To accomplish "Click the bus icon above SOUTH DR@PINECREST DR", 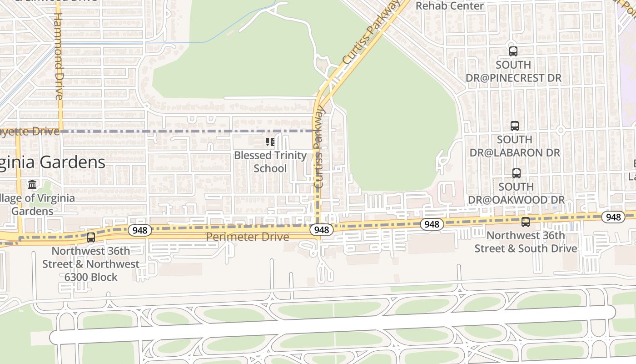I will [x=513, y=51].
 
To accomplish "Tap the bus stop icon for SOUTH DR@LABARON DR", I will [x=514, y=126].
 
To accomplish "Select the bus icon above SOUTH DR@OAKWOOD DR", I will [x=516, y=173].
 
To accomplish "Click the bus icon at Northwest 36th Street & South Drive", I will [x=526, y=222].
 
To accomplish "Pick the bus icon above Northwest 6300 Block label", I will [x=91, y=238].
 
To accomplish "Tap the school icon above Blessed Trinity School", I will [x=270, y=142].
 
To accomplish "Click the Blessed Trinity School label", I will [x=270, y=162].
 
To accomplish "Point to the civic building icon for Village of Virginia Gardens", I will [x=32, y=185].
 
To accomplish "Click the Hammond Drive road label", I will [x=58, y=56].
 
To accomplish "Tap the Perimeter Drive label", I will [x=248, y=237].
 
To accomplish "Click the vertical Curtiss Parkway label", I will [x=319, y=147].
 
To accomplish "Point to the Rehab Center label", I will [x=450, y=6].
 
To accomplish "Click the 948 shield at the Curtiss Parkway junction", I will [x=321, y=230].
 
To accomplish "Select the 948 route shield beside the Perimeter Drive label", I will [x=139, y=230].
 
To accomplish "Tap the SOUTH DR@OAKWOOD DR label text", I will [x=516, y=193].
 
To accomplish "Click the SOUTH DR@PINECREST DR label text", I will [x=513, y=71].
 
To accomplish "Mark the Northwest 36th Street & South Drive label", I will [x=526, y=242].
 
